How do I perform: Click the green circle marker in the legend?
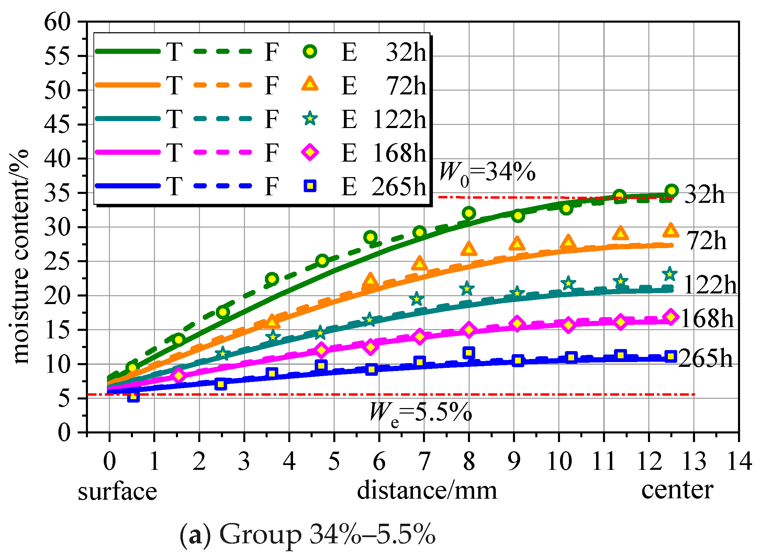click(310, 51)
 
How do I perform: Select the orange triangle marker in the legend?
click(310, 84)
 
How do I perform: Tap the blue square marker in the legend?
click(310, 186)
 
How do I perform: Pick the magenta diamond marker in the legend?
click(310, 152)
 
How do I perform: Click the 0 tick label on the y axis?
click(64, 432)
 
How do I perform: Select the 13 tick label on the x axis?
click(694, 461)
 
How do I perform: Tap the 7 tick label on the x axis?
click(424, 461)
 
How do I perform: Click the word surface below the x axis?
click(117, 491)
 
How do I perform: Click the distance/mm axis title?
click(427, 490)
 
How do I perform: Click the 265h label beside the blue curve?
click(705, 358)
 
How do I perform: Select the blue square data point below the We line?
click(133, 396)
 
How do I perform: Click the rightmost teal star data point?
click(669, 274)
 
